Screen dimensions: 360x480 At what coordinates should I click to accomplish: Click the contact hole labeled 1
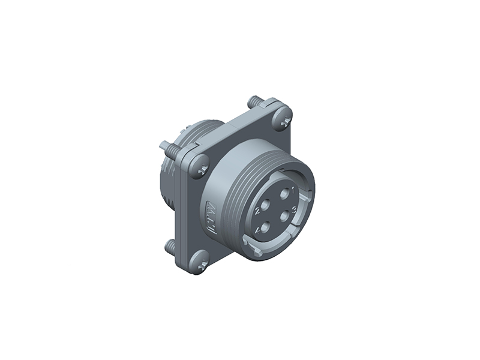(x=284, y=194)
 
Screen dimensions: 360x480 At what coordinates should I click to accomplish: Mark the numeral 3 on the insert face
(x=294, y=209)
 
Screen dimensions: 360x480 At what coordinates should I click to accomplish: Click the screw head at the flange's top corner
(x=281, y=119)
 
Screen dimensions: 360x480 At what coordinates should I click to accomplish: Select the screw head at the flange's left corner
(x=200, y=166)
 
